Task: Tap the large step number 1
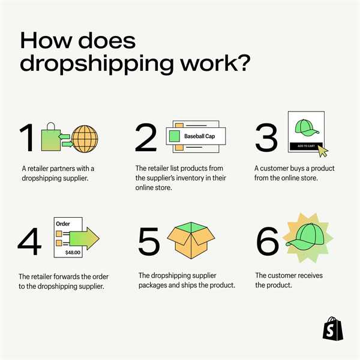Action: point(28,137)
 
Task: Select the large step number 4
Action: point(29,241)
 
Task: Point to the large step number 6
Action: point(268,241)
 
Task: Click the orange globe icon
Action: point(85,139)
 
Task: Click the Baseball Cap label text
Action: point(200,136)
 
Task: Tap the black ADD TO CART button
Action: point(306,146)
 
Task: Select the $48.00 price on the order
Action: point(73,253)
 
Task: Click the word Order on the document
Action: point(63,224)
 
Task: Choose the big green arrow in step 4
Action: point(84,239)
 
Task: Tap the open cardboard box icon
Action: point(191,240)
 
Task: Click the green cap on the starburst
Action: point(305,236)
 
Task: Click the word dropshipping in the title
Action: point(97,64)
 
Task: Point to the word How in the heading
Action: point(44,40)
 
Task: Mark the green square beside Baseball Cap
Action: point(174,136)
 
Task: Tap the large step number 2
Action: point(146,137)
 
